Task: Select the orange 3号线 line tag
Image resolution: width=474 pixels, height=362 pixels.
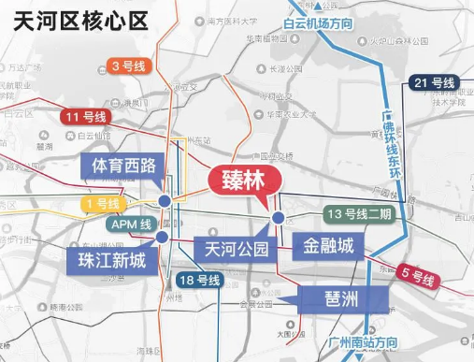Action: [x=128, y=65]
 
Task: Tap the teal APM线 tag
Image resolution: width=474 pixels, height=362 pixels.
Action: [x=131, y=224]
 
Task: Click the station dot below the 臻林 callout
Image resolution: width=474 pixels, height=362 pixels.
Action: [x=278, y=218]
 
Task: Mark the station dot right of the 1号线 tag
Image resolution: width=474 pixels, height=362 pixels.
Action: [x=165, y=201]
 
